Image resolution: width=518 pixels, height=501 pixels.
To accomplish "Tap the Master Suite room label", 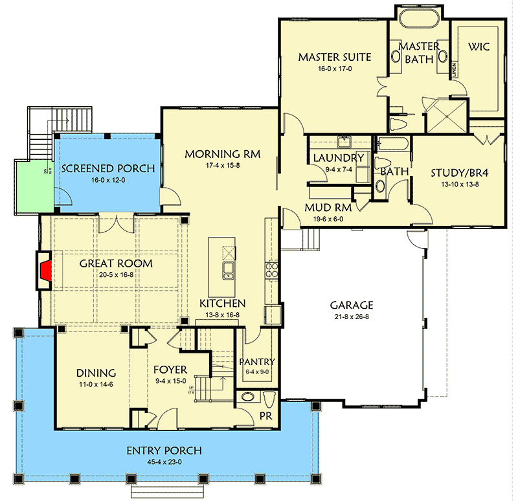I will click(x=334, y=57).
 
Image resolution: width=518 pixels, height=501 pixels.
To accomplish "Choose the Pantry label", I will click(x=257, y=361).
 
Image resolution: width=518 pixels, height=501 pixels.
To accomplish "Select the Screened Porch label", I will click(x=107, y=168).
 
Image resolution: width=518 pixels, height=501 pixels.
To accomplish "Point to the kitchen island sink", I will click(x=229, y=270).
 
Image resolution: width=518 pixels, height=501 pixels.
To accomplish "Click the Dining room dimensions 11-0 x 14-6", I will click(x=95, y=385).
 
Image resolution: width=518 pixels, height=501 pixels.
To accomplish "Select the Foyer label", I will click(x=170, y=371).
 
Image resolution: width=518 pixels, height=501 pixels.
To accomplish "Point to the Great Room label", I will click(x=116, y=263).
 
